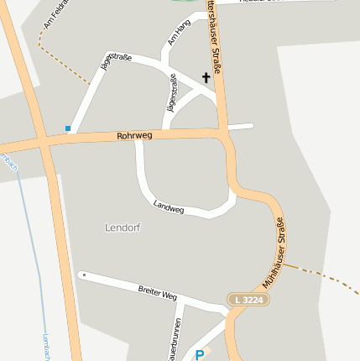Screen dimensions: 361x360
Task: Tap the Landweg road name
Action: coord(169,207)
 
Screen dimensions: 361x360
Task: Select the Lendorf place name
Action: coord(123,228)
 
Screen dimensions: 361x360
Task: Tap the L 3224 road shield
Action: coord(248,299)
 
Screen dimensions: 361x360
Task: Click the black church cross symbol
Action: coord(206,78)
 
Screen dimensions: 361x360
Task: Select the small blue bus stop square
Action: coord(68,128)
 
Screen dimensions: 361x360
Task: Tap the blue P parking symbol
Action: coord(199,355)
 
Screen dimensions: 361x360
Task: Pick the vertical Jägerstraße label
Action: coord(172,93)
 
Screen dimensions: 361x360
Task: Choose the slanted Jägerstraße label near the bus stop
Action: coord(116,67)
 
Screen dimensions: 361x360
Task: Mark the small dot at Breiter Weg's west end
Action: coord(82,275)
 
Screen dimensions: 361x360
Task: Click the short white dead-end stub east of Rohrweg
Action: coord(240,127)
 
